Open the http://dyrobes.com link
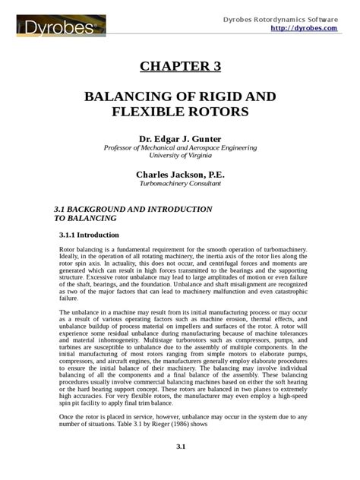click(303, 27)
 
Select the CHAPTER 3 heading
click(180, 66)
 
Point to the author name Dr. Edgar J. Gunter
click(180, 138)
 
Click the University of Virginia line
click(180, 156)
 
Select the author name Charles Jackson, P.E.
click(180, 174)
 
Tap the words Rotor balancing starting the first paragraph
click(81, 249)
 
